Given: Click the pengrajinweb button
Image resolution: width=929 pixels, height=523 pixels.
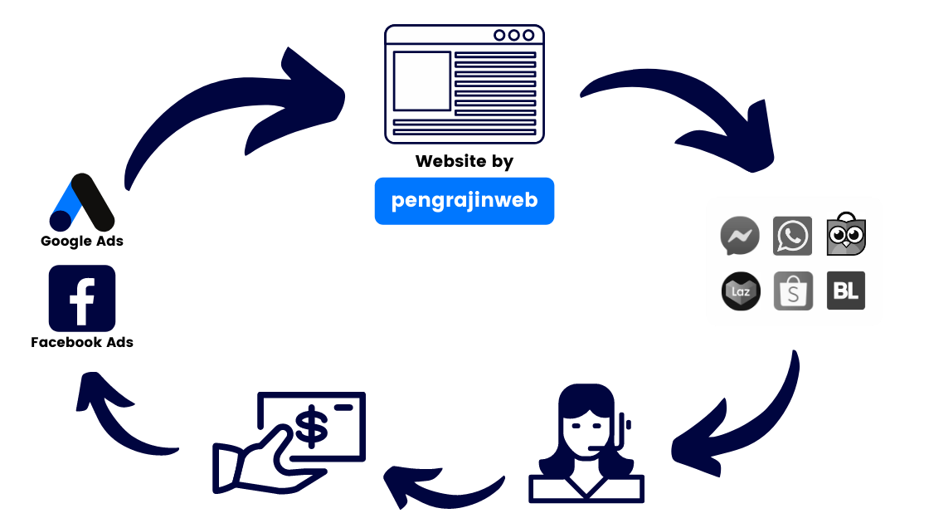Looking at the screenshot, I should click(x=464, y=201).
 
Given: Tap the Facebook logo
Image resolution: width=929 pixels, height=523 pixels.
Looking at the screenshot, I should click(x=81, y=299).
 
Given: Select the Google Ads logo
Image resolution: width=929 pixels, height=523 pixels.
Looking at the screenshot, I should click(x=80, y=203).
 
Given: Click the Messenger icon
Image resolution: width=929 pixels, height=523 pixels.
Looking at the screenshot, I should click(x=740, y=237).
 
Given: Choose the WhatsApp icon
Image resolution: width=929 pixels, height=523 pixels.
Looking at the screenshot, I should click(x=792, y=237).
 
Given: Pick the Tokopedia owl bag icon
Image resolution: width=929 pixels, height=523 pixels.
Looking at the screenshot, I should click(x=846, y=236).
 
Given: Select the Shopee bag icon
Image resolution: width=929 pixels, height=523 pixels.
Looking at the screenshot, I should click(x=793, y=291).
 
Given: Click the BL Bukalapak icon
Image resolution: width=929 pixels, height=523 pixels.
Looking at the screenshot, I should click(x=846, y=291).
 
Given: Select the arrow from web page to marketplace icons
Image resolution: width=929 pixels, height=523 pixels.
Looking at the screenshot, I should click(x=697, y=116).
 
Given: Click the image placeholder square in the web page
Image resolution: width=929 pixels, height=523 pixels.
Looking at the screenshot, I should click(x=421, y=81).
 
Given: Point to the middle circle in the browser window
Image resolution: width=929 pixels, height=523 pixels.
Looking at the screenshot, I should click(x=513, y=36).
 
